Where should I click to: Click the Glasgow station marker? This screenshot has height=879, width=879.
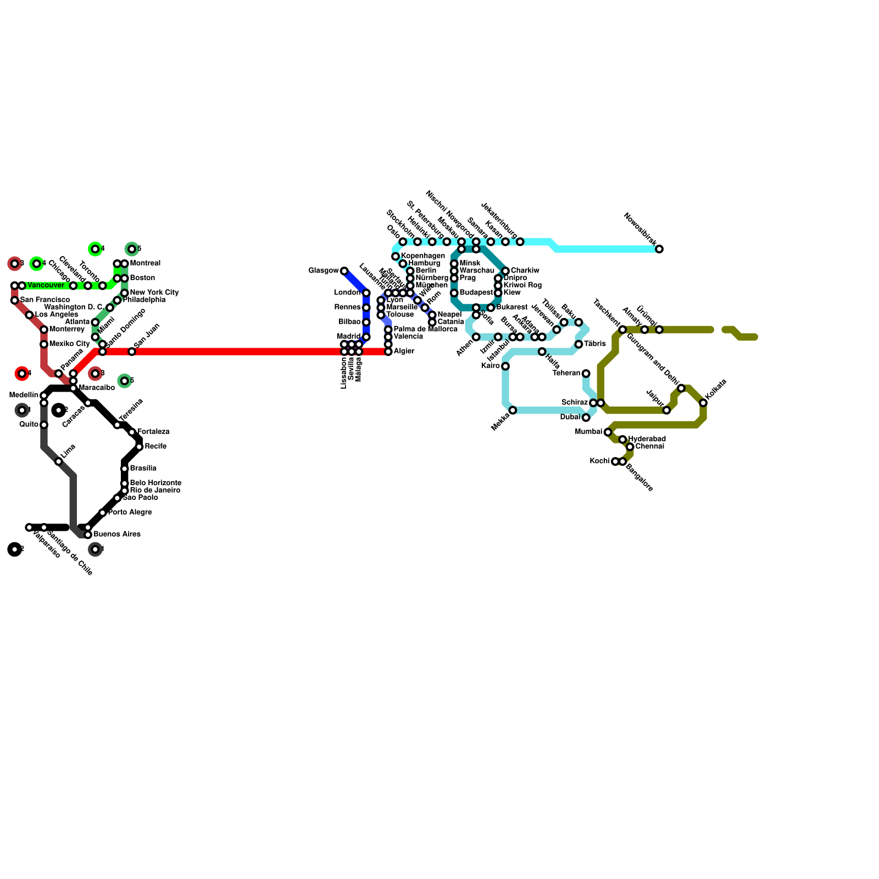[344, 271]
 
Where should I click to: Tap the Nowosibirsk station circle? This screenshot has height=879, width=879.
[659, 249]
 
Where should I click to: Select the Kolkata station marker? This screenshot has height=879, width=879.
[703, 403]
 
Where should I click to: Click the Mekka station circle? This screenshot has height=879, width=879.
[513, 410]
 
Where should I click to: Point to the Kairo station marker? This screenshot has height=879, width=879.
[505, 366]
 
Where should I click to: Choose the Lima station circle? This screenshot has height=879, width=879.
[59, 461]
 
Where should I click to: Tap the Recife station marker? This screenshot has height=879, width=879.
[140, 447]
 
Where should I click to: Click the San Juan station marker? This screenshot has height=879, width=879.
[132, 352]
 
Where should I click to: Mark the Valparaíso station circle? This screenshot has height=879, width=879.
[29, 527]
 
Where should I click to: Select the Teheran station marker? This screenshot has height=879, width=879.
[586, 374]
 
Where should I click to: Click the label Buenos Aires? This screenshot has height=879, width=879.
[117, 535]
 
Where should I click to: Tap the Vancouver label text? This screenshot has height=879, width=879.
[46, 286]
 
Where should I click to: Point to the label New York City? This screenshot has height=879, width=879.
[154, 293]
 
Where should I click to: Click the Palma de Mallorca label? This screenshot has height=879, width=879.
[425, 330]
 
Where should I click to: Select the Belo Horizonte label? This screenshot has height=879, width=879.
[155, 483]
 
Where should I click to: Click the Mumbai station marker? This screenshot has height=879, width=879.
[608, 432]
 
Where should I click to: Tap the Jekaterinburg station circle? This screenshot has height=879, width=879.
[520, 242]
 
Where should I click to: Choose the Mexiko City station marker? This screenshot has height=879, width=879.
[44, 344]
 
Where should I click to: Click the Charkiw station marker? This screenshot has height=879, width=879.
[505, 271]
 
